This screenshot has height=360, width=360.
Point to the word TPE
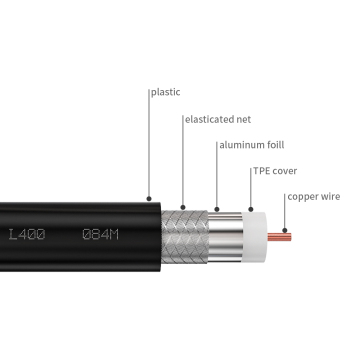(260, 171)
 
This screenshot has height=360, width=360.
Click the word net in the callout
(237, 119)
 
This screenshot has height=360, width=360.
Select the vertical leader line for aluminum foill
(215, 175)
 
